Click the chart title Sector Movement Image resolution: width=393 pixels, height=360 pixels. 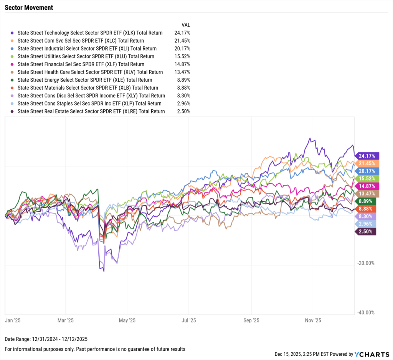point(29,8)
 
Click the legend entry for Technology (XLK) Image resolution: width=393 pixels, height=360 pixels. point(90,33)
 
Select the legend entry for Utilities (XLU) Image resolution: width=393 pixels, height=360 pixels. point(87,56)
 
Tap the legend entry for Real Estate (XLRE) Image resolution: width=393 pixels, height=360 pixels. point(91,111)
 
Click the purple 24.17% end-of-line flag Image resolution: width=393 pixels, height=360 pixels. point(367,156)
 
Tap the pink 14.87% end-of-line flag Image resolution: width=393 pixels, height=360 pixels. point(367,186)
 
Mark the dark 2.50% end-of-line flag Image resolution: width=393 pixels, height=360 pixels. point(366,231)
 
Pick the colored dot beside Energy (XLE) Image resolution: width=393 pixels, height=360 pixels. point(13,80)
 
